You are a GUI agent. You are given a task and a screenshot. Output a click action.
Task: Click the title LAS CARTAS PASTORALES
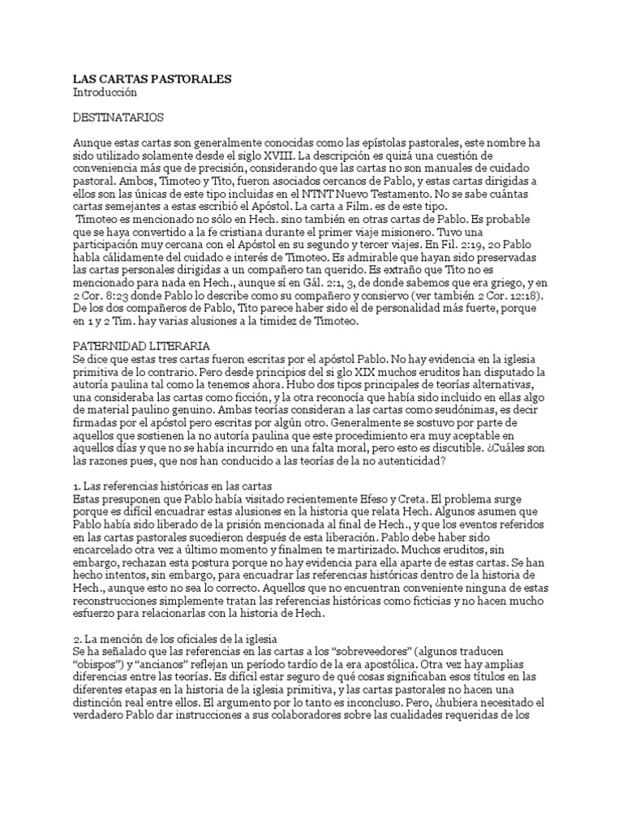tap(152, 79)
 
